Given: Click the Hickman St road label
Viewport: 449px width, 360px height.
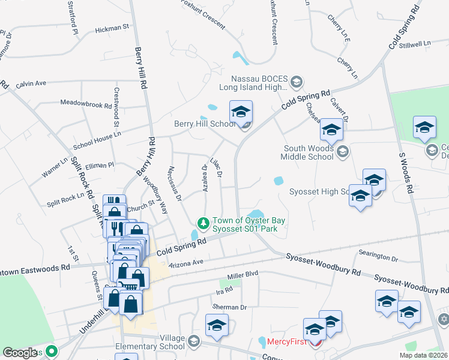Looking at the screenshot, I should pyautogui.click(x=112, y=28).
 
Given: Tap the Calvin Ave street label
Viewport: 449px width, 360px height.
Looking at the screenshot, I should pyautogui.click(x=31, y=83).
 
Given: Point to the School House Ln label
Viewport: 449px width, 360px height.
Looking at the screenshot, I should pyautogui.click(x=97, y=141).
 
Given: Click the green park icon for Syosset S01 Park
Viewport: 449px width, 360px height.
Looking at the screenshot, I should pyautogui.click(x=204, y=223).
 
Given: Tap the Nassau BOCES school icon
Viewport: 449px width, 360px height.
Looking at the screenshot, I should pyautogui.click(x=297, y=81).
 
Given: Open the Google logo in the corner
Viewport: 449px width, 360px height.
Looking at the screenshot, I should pyautogui.click(x=20, y=353).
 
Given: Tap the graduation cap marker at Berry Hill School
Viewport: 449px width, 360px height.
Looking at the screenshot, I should pyautogui.click(x=241, y=112).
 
